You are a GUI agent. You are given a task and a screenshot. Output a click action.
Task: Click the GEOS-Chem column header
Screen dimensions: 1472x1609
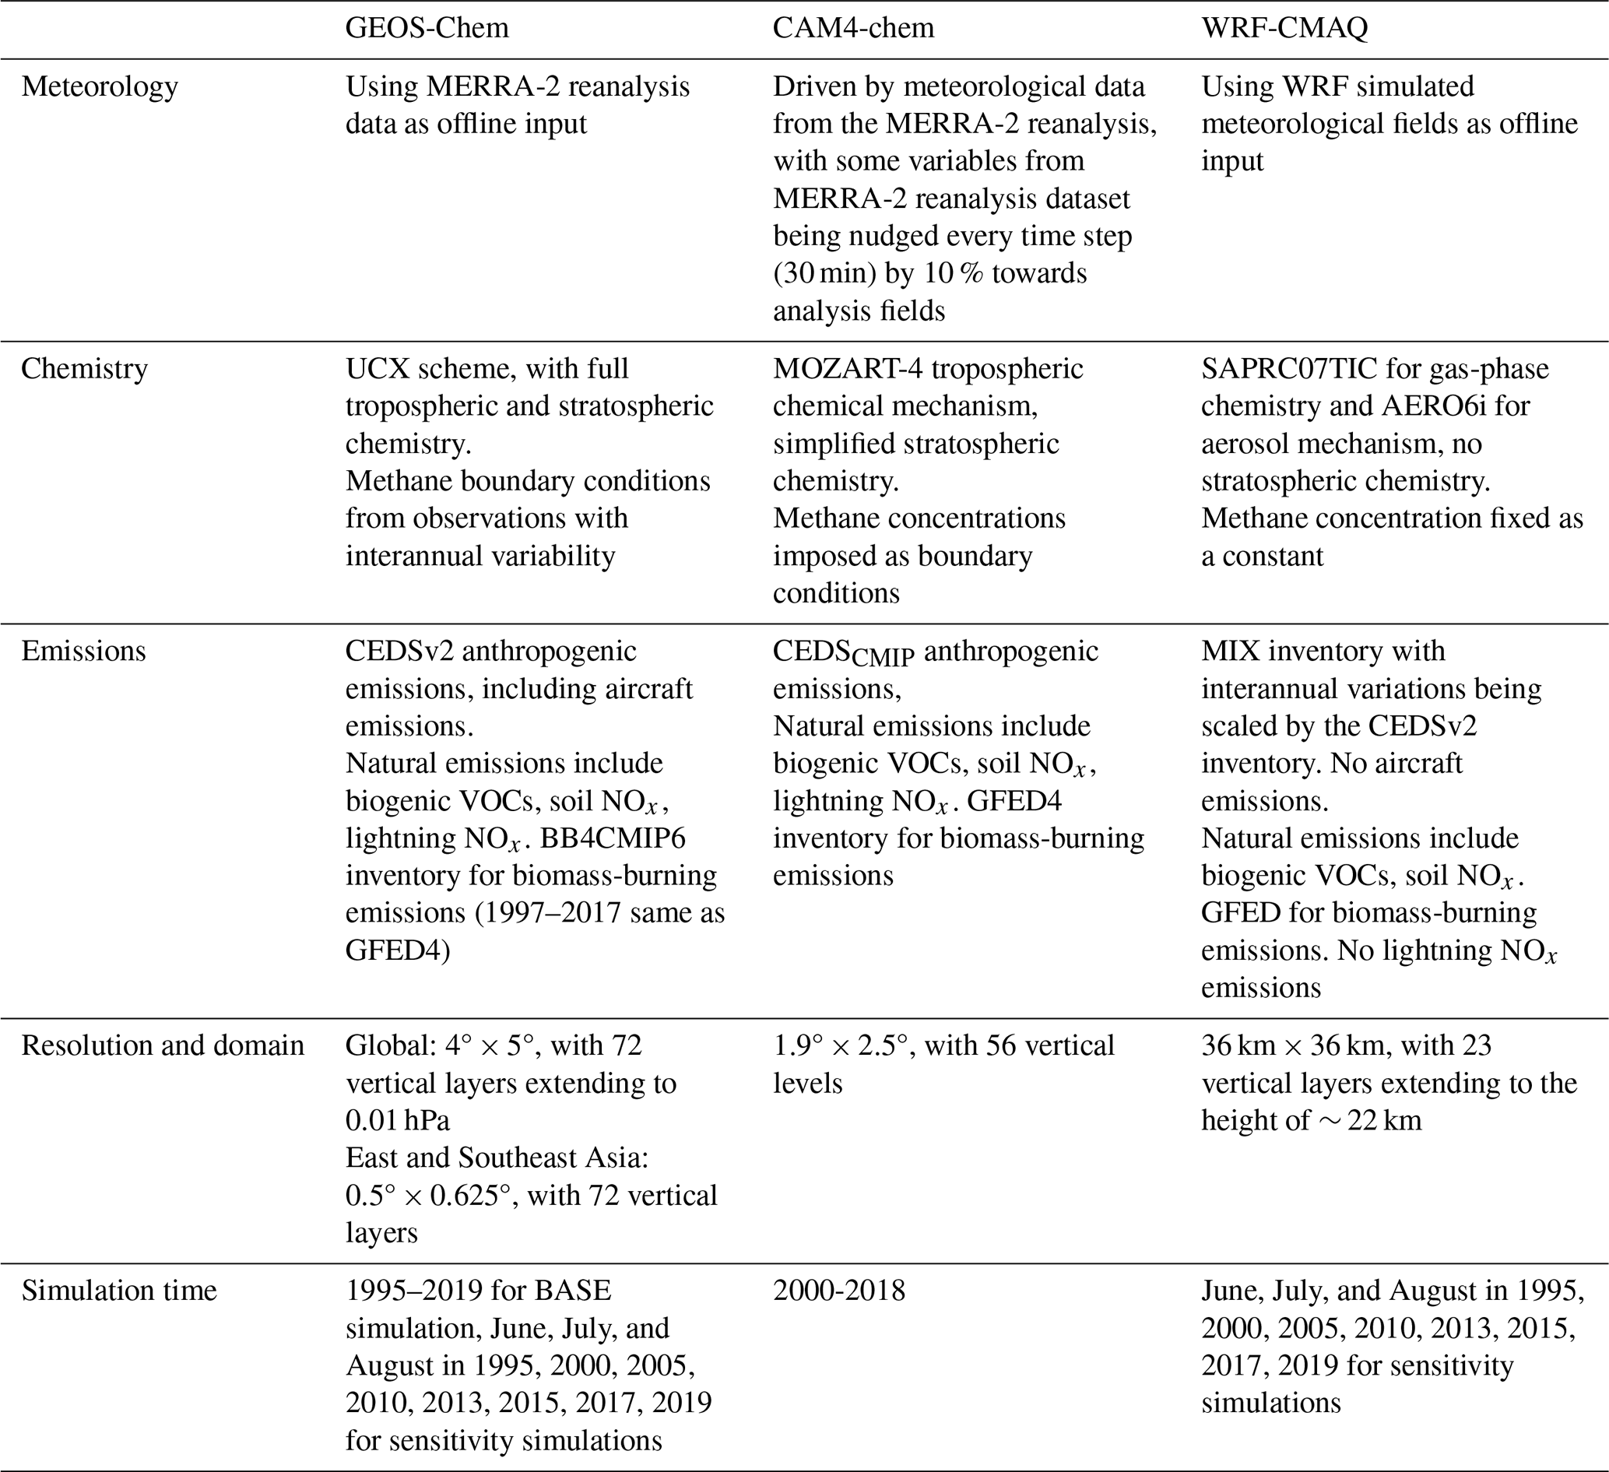[427, 28]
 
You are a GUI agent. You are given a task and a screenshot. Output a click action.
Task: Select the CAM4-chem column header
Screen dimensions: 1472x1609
[852, 28]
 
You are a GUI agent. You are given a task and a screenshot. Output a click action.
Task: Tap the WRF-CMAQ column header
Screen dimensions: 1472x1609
[1284, 28]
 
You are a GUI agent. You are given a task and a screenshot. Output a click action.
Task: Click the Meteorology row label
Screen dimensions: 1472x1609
[100, 86]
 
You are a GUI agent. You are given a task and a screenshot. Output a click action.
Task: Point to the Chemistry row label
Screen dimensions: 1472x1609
[85, 369]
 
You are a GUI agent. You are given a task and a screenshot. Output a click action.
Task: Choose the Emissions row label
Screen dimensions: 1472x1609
[84, 651]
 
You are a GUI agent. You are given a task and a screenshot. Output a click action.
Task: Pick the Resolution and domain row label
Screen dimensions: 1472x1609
[163, 1045]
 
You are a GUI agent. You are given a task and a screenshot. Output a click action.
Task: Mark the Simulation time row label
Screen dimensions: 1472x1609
[119, 1291]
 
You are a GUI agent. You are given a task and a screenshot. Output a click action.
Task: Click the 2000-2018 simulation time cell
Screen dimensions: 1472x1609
[839, 1291]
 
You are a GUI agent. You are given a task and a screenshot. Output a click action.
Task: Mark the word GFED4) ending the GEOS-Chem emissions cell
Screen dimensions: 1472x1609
[398, 950]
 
